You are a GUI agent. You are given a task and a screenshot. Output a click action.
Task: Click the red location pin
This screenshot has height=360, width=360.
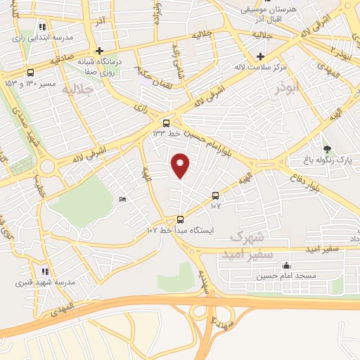pyautogui.click(x=181, y=165)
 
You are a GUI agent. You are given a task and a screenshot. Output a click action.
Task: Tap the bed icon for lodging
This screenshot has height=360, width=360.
pyautogui.click(x=124, y=199)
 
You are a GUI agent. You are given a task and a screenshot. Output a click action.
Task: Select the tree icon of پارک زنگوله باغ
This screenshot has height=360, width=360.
pyautogui.click(x=327, y=148)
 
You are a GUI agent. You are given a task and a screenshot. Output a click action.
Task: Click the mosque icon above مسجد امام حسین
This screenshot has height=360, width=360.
pyautogui.click(x=286, y=266)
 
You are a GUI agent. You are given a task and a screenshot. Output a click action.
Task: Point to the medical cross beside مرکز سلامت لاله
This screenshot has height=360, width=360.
pyautogui.click(x=261, y=56)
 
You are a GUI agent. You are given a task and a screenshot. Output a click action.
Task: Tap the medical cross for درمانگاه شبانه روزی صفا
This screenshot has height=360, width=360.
pyautogui.click(x=100, y=51)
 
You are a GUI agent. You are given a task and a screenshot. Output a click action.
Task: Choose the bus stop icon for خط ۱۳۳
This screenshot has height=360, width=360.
pyautogui.click(x=166, y=122)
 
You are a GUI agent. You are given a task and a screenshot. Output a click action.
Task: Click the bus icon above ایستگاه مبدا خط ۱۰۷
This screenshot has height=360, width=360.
pyautogui.click(x=181, y=219)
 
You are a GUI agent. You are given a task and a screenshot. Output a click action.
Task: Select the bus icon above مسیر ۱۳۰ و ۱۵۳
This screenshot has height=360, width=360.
pyautogui.click(x=30, y=72)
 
